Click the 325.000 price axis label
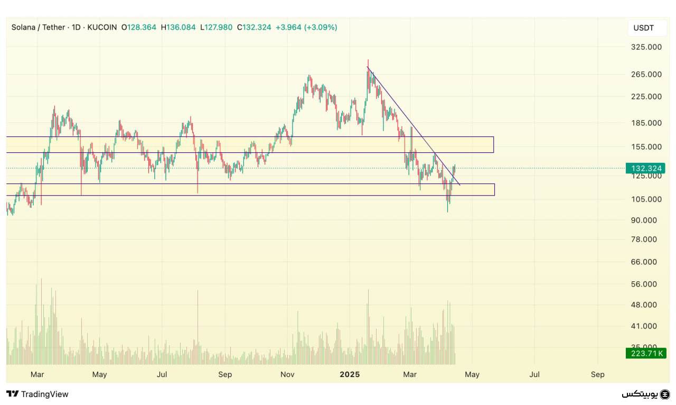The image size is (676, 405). [646, 47]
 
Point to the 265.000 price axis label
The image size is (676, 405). [646, 75]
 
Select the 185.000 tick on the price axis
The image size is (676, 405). [646, 123]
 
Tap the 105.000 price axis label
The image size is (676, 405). [646, 199]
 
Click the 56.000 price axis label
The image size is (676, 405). [644, 284]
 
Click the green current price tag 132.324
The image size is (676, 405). [645, 169]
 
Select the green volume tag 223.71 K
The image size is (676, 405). [645, 353]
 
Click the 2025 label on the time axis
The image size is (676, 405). [350, 374]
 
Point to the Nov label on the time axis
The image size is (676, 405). [287, 374]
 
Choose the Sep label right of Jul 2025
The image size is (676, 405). [597, 374]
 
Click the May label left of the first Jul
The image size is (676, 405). [99, 374]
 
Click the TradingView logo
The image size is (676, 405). [37, 394]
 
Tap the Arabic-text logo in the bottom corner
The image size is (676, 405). [645, 394]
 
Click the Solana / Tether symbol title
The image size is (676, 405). [38, 27]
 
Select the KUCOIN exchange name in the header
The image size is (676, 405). [102, 27]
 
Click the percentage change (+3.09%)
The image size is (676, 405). [321, 27]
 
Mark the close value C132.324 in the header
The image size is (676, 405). [254, 27]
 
